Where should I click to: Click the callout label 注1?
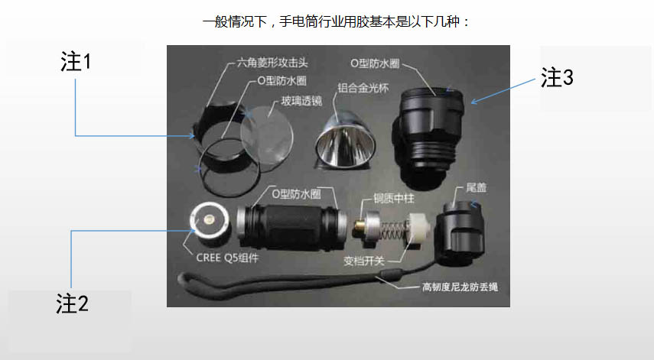click(x=76, y=62)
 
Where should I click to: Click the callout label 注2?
click(x=73, y=303)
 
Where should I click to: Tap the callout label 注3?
click(x=558, y=77)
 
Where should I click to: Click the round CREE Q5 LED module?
click(x=207, y=221)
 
